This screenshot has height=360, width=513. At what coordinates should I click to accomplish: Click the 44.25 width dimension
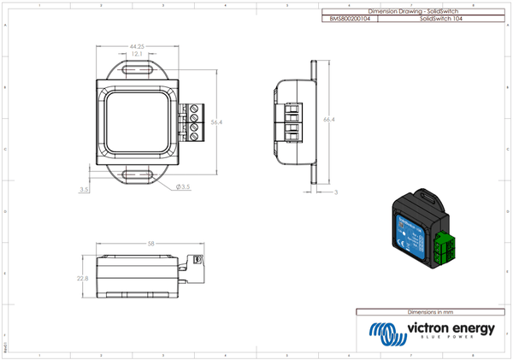click(x=136, y=46)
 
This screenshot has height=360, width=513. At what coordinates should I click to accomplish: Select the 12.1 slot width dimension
click(x=137, y=55)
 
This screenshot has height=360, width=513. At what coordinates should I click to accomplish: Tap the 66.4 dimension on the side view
click(x=327, y=121)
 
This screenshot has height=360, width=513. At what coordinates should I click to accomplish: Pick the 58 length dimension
click(x=150, y=244)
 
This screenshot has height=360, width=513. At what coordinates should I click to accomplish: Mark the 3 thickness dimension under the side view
click(x=336, y=193)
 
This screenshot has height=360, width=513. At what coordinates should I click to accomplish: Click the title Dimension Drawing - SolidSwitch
click(x=412, y=11)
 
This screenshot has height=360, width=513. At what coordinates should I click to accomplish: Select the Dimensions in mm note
click(x=428, y=312)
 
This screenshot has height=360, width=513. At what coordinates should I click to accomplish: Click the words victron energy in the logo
click(x=450, y=328)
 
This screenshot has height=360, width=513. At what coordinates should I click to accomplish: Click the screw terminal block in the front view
click(x=193, y=121)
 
